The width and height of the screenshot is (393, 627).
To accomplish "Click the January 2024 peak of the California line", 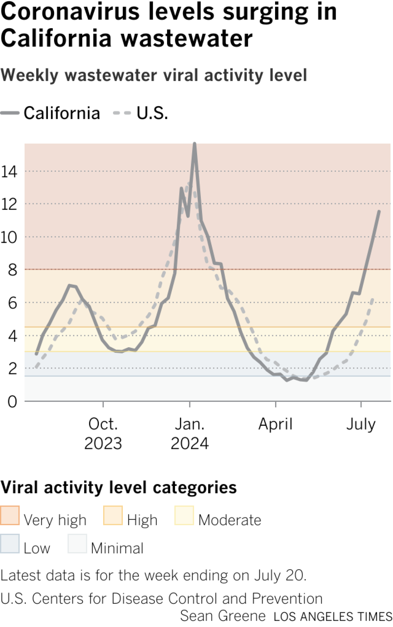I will tap(195, 144).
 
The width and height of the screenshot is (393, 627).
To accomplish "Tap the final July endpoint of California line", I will tap(379, 212).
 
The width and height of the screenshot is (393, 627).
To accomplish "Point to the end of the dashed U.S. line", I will tap(372, 298).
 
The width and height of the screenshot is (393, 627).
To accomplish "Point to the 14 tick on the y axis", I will tap(9, 171).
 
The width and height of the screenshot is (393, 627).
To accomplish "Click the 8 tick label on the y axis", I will tap(12, 270).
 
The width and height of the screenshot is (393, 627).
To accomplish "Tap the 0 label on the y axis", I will tap(12, 402).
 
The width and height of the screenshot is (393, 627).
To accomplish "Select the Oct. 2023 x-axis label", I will tap(103, 434).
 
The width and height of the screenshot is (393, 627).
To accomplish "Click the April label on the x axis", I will tap(275, 424).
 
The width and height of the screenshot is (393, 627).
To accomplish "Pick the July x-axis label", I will tap(361, 424).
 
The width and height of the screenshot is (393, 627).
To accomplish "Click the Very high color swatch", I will tap(10, 515).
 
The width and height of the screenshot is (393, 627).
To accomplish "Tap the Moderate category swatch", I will tap(184, 515).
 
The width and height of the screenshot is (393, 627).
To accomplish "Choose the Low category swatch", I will tap(10, 544).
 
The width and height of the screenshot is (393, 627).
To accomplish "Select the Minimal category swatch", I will tap(77, 544).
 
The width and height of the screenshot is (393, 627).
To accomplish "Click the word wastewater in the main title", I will tap(187, 39).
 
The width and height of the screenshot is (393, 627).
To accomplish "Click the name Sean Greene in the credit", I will tap(223, 616).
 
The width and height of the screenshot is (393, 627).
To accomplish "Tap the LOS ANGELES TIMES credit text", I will tap(333, 617).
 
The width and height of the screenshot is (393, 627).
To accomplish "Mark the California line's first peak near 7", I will tap(69, 285).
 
